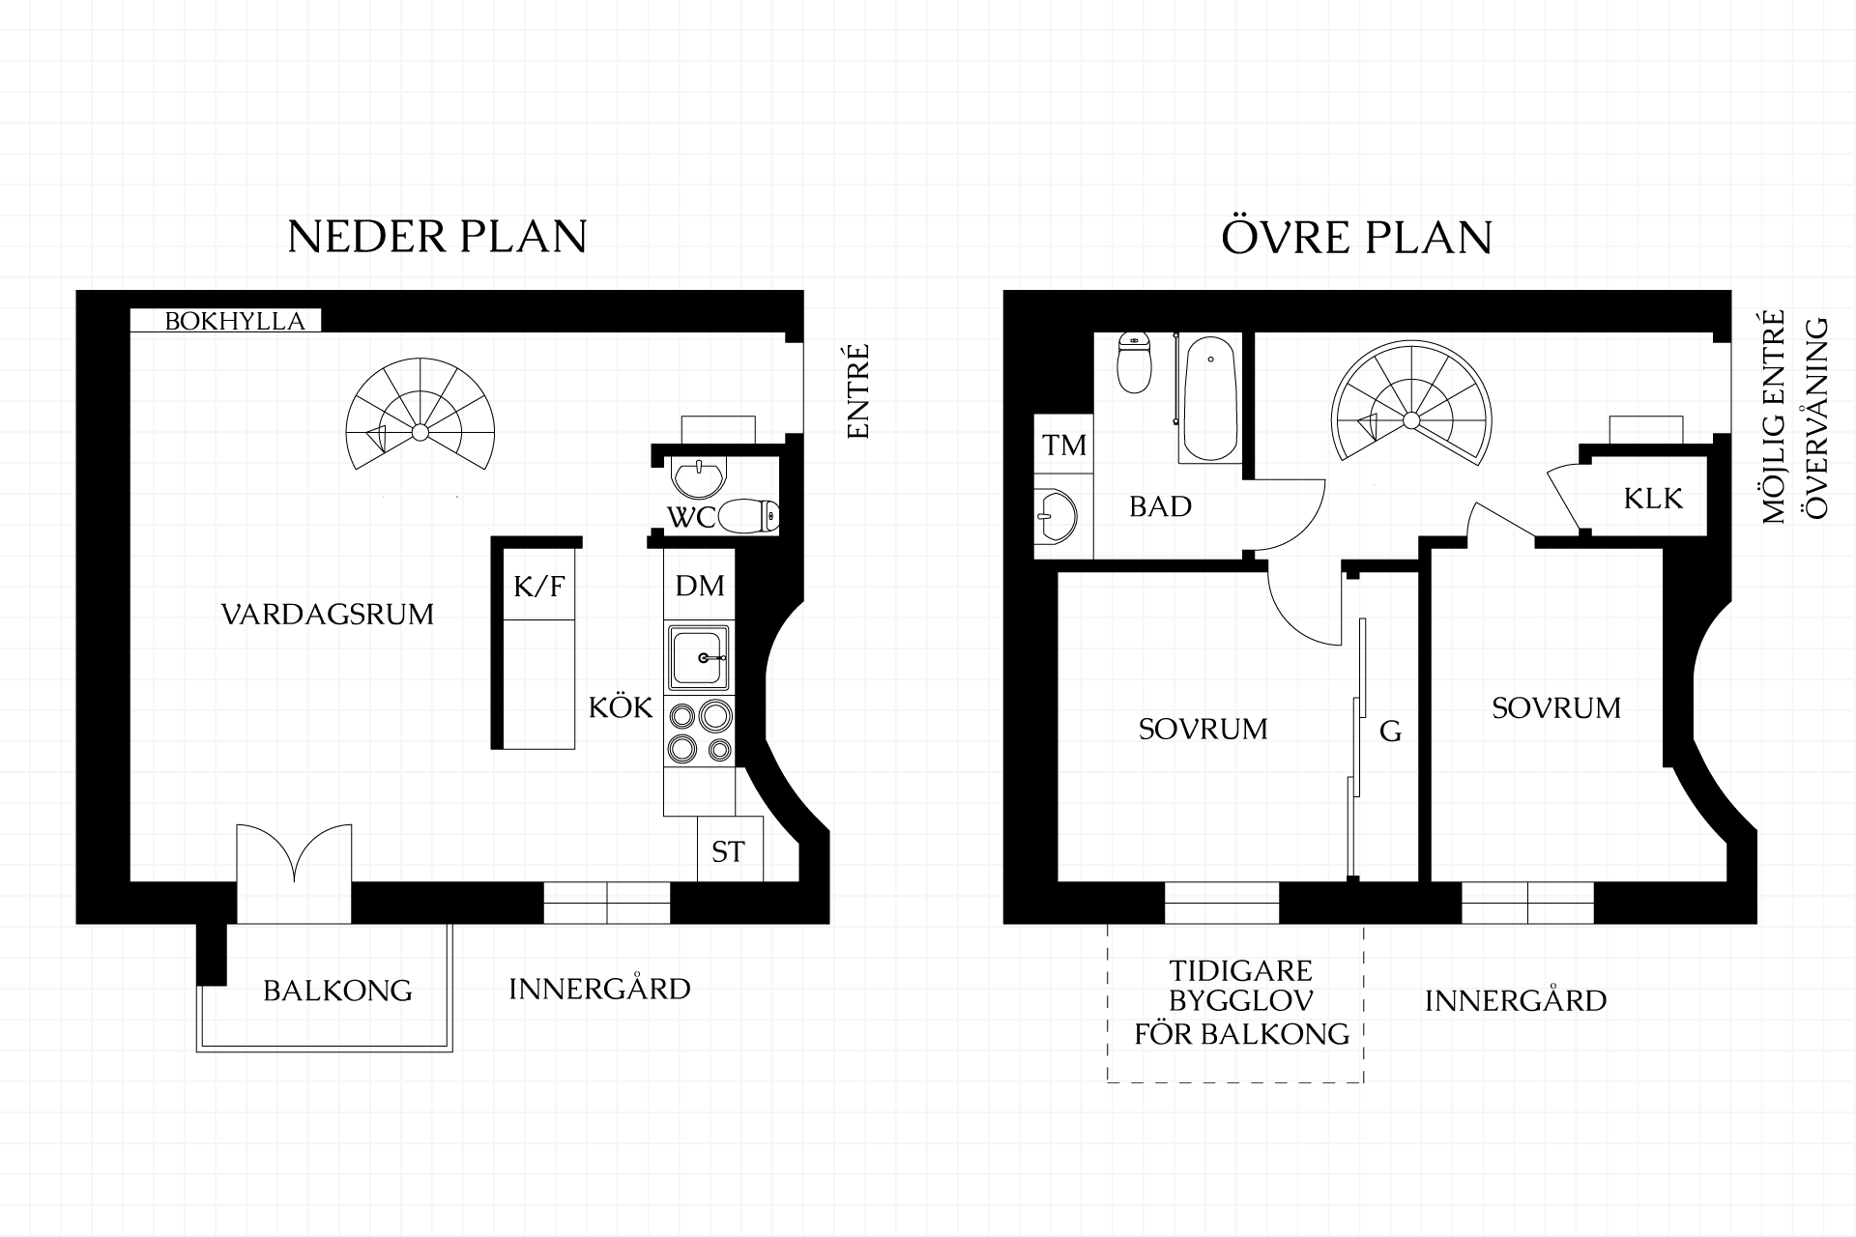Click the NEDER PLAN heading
click(x=438, y=237)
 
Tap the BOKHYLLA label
click(x=235, y=321)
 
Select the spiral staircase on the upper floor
click(x=1411, y=407)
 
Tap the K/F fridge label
click(x=538, y=585)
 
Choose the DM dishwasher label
click(x=700, y=585)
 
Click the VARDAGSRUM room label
click(x=328, y=614)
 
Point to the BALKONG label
click(x=337, y=991)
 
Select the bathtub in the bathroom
click(x=1208, y=398)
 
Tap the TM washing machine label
click(x=1063, y=446)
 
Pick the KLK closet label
click(x=1653, y=499)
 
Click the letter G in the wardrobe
click(x=1390, y=732)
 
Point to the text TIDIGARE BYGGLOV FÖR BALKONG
click(x=1241, y=1002)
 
